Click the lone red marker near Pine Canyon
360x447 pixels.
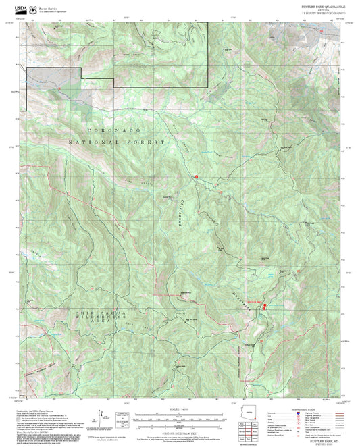point(196,177)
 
